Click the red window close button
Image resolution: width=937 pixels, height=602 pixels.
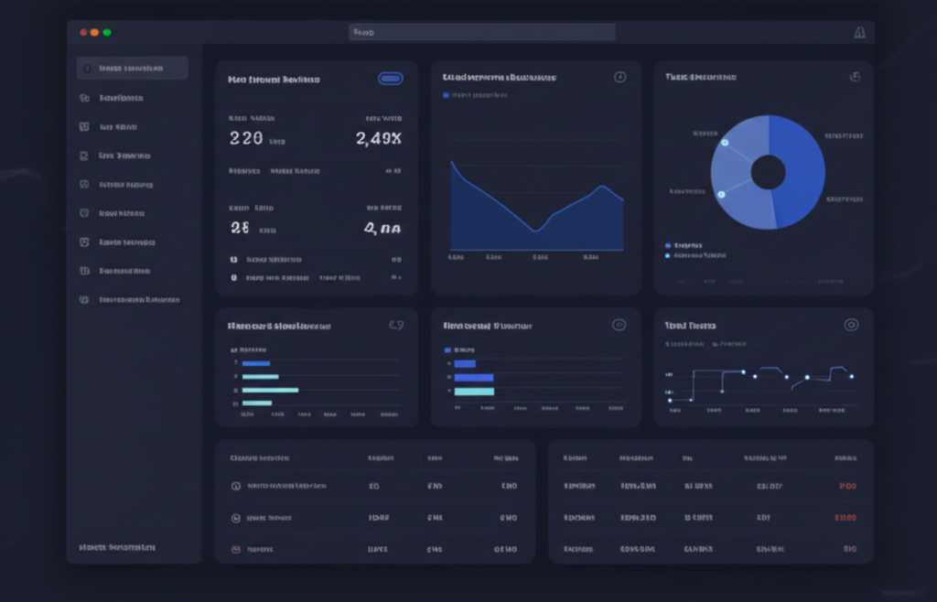pos(83,32)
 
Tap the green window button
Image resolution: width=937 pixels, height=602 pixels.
pos(107,32)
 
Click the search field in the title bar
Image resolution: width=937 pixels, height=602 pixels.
pos(481,32)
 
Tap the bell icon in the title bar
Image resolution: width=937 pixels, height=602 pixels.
pos(858,33)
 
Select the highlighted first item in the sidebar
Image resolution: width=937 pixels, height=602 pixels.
pos(133,68)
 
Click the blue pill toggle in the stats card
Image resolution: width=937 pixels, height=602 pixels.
pos(391,79)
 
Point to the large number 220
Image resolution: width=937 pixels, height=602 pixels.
pos(246,138)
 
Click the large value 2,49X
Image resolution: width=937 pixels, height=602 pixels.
pos(378,138)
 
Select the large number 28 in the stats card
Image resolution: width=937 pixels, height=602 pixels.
pos(240,228)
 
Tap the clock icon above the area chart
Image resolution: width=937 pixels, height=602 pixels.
pos(619,77)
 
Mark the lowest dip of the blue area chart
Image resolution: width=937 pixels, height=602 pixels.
pos(536,230)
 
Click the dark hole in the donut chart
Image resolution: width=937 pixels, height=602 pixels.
pos(768,172)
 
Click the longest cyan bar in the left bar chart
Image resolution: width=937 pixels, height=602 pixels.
pos(270,390)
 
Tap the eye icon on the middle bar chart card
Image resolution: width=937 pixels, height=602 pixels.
pos(619,325)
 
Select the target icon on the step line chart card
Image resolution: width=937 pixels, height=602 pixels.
pos(851,325)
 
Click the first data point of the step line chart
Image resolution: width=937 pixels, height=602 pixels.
pos(670,400)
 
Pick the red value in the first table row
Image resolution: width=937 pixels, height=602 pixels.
pos(847,486)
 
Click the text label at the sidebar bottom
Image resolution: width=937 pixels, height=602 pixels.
pos(117,547)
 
